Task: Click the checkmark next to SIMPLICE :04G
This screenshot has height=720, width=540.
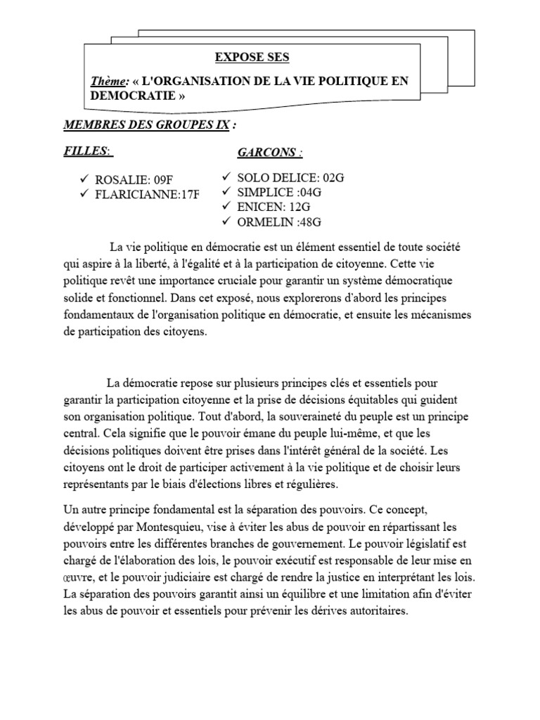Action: pyautogui.click(x=226, y=193)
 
